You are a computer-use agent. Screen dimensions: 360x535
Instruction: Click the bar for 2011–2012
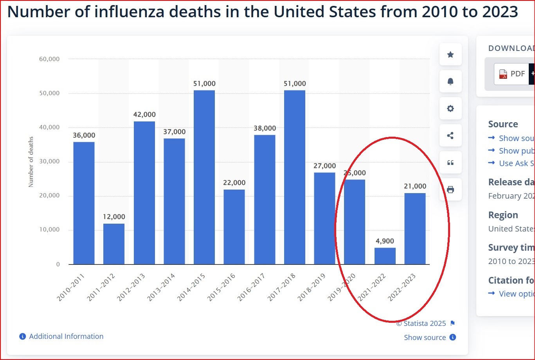point(114,244)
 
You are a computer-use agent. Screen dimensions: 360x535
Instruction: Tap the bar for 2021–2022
point(385,256)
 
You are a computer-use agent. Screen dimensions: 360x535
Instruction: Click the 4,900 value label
point(385,241)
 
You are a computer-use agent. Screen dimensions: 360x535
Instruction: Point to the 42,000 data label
point(144,115)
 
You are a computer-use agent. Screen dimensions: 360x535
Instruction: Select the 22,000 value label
point(234,183)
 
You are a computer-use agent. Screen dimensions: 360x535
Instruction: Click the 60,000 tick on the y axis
point(49,59)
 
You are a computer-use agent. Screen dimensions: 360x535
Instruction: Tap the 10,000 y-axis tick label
point(49,230)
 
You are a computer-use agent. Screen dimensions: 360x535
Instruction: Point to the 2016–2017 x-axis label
point(252,288)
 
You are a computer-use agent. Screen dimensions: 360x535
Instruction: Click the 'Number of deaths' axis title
point(31,162)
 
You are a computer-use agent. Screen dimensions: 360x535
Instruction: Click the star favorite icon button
point(450,54)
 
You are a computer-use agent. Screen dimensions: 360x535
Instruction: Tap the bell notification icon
point(450,81)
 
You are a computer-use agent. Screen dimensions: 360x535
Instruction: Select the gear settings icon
point(450,109)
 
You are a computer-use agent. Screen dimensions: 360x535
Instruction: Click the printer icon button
point(450,190)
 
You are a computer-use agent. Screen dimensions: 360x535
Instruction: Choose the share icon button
point(450,136)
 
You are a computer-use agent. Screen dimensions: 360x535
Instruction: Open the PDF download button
point(512,74)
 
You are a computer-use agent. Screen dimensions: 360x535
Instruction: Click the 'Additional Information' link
point(66,336)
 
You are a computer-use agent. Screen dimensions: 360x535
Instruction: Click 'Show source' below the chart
point(425,337)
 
